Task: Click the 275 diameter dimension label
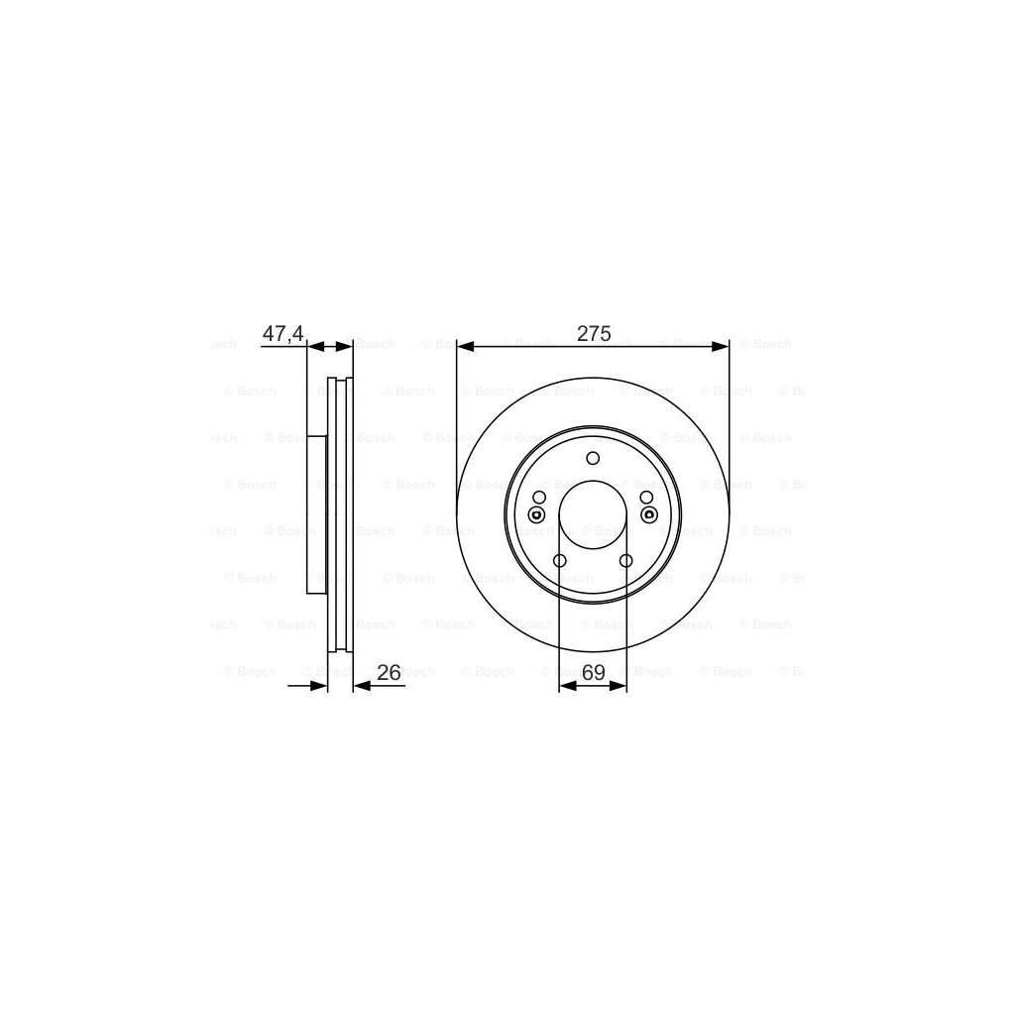click(x=593, y=334)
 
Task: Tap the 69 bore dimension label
click(x=593, y=672)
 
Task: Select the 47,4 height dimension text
click(x=282, y=334)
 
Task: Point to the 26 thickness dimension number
click(x=389, y=672)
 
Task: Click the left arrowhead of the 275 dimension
click(x=464, y=346)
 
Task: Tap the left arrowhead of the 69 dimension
click(x=565, y=685)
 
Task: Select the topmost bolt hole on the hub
click(x=593, y=458)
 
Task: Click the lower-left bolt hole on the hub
click(x=559, y=562)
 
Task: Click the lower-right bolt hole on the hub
click(x=625, y=562)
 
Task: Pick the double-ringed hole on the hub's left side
click(x=536, y=513)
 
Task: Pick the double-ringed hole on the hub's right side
click(x=649, y=513)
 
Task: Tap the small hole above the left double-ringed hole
click(x=539, y=497)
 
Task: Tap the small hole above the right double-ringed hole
click(x=646, y=497)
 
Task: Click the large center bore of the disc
click(x=593, y=515)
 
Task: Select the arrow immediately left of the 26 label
click(x=360, y=685)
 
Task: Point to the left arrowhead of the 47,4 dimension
click(x=314, y=346)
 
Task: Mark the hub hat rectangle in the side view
click(x=317, y=515)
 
